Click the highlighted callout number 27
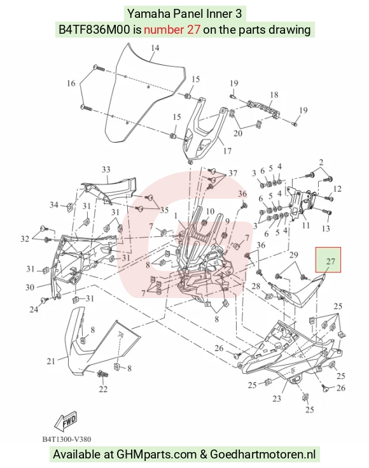[x=331, y=261]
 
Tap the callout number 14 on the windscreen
[x=155, y=48]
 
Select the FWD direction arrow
[x=66, y=420]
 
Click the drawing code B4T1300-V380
[x=67, y=439]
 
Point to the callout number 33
[x=106, y=169]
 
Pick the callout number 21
[x=51, y=361]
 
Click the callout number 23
[x=277, y=398]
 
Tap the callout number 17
[x=227, y=151]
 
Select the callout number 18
[x=274, y=95]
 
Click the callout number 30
[x=30, y=287]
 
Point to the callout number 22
[x=103, y=389]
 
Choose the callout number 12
[x=337, y=188]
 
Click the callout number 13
[x=326, y=229]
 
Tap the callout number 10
[x=210, y=211]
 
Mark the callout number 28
[x=256, y=287]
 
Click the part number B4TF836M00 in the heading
[x=94, y=29]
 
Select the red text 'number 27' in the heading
[x=172, y=29]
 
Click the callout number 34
[x=54, y=205]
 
